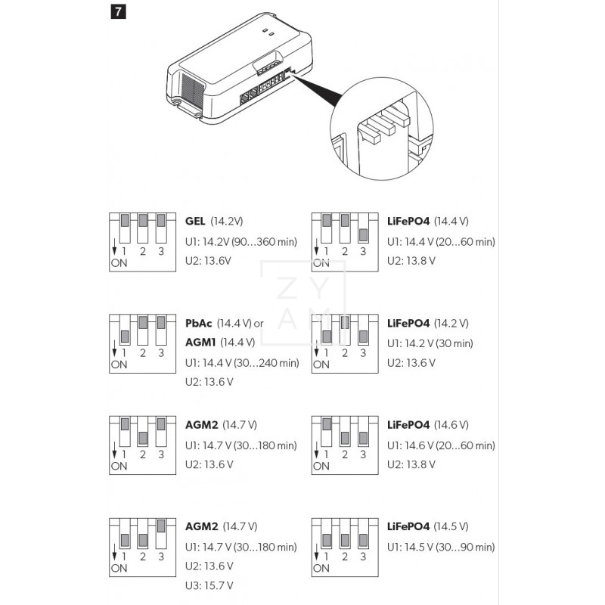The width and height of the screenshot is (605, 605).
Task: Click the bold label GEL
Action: pyautogui.click(x=195, y=222)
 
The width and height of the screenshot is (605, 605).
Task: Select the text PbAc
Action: pyautogui.click(x=200, y=323)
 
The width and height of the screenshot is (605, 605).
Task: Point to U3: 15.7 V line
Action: pyautogui.click(x=209, y=585)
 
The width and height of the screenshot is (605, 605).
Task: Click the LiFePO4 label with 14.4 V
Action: pyautogui.click(x=408, y=222)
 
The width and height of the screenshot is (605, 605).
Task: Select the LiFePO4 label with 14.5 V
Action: pyautogui.click(x=408, y=526)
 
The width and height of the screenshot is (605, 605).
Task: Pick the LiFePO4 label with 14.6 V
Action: pyautogui.click(x=408, y=425)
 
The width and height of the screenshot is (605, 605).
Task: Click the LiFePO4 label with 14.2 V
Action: pyautogui.click(x=408, y=323)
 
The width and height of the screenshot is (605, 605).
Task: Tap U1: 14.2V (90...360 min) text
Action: pyautogui.click(x=241, y=241)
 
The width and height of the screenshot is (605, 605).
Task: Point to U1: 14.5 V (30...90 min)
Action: pyautogui.click(x=441, y=547)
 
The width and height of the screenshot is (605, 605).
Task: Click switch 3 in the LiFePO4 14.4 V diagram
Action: pyautogui.click(x=363, y=234)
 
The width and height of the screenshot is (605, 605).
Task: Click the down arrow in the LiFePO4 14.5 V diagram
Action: pyautogui.click(x=316, y=551)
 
